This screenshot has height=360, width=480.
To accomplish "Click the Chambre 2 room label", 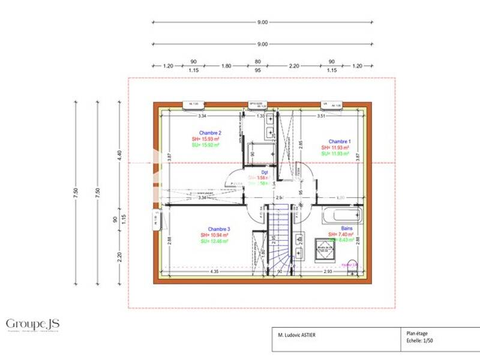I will coord(211,133).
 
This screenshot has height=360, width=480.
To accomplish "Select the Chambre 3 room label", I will coord(218,229).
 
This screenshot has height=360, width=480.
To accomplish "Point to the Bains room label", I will coord(347,229).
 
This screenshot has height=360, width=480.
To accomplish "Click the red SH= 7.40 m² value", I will coord(341,235).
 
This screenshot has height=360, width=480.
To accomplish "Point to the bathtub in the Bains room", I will coord(341,215).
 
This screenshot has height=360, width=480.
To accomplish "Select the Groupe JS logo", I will coord(32,325).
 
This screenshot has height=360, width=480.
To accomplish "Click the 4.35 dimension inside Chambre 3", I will coord(214,272).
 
